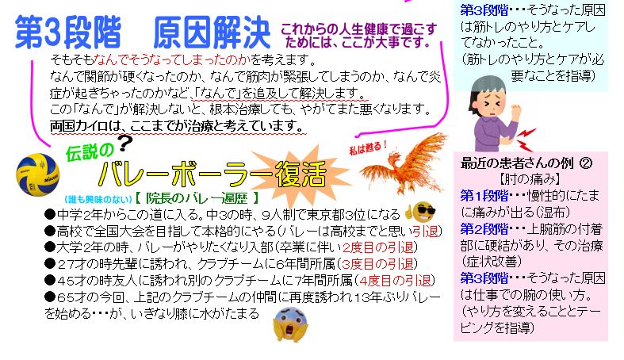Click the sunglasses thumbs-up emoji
420,212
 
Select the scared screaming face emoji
290,324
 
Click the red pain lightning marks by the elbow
526,140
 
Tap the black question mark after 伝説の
125,144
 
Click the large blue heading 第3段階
68,33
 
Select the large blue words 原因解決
212,33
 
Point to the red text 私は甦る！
368,148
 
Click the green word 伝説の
90,152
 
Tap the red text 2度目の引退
377,247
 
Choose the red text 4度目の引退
395,281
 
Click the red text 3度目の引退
377,264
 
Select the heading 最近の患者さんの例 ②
526,163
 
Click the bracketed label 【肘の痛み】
530,179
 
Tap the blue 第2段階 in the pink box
484,228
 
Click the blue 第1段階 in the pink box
484,195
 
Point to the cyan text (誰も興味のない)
98,199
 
